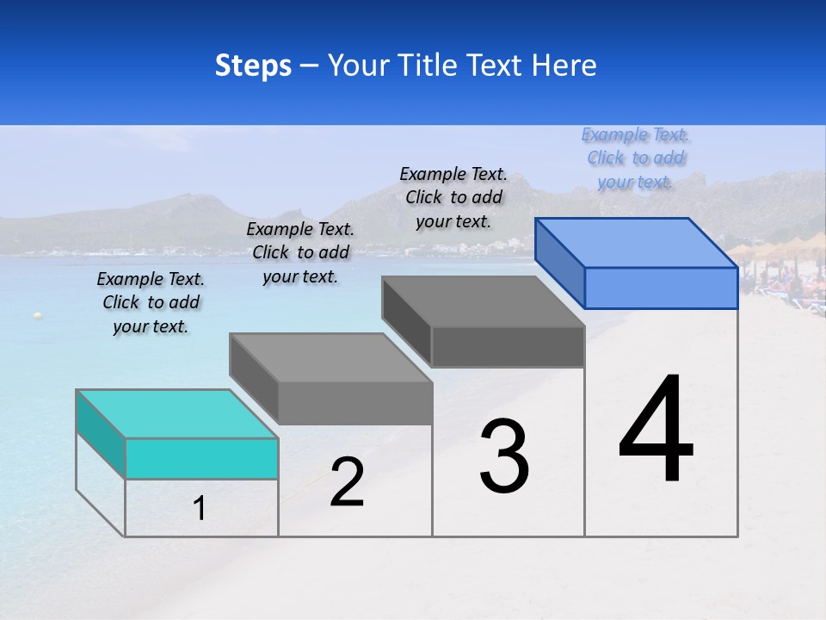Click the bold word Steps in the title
(x=253, y=65)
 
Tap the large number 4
(x=656, y=430)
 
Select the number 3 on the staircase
(x=504, y=456)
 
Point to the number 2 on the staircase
(x=347, y=483)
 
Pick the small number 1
(x=200, y=509)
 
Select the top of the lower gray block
(x=331, y=357)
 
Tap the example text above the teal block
(x=151, y=303)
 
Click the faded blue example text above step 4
(x=635, y=158)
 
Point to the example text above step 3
(x=453, y=197)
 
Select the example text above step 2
(x=300, y=252)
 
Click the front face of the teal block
(x=201, y=458)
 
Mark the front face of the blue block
(x=661, y=288)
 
